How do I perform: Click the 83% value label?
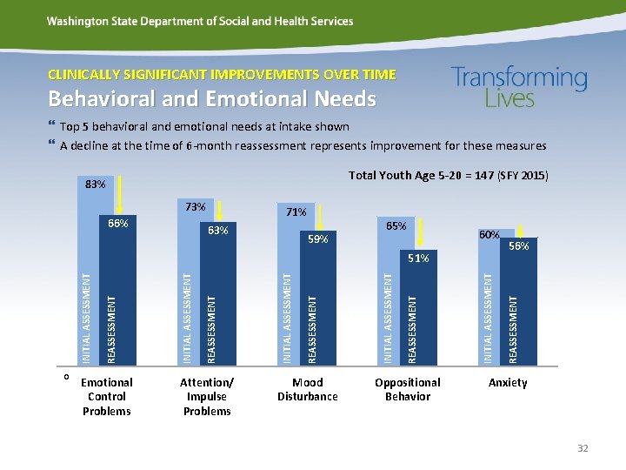pyautogui.click(x=96, y=185)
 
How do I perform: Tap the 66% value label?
pyautogui.click(x=118, y=224)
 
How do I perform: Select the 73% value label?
pyautogui.click(x=196, y=207)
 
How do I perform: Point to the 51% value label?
pyautogui.click(x=418, y=258)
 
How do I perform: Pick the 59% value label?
pyautogui.click(x=317, y=238)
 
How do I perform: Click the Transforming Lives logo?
pyautogui.click(x=519, y=87)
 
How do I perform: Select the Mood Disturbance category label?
pyautogui.click(x=308, y=389)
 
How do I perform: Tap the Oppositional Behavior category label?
pyautogui.click(x=408, y=389)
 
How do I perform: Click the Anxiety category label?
pyautogui.click(x=508, y=382)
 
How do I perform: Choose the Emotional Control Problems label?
pyautogui.click(x=107, y=396)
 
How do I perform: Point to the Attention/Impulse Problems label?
pyautogui.click(x=207, y=396)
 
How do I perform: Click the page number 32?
pyautogui.click(x=582, y=448)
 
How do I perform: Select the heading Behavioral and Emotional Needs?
pyautogui.click(x=212, y=99)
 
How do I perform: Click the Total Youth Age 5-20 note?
pyautogui.click(x=448, y=176)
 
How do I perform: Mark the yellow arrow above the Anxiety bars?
pyautogui.click(x=519, y=225)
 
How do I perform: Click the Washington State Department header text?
pyautogui.click(x=200, y=21)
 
